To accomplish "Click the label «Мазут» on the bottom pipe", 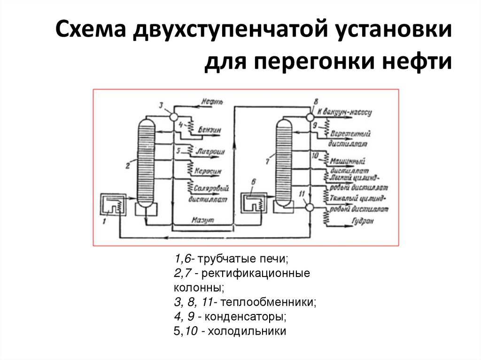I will [203, 220].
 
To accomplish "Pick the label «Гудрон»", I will [362, 220].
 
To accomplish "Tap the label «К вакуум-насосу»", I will [344, 113].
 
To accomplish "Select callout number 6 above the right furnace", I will [254, 181].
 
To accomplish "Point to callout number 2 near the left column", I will [127, 165].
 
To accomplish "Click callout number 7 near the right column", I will [267, 161].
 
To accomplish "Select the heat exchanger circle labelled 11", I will [309, 207].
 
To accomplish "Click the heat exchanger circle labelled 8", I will [310, 116].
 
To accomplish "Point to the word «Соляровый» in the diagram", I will [214, 189].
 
